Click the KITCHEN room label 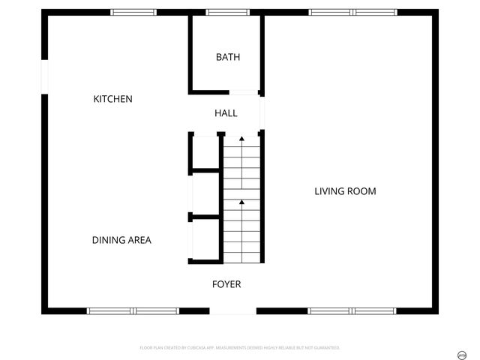click(x=112, y=99)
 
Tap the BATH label click(x=228, y=57)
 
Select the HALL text click(x=226, y=113)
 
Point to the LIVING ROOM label click(x=345, y=191)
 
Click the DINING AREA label click(x=121, y=240)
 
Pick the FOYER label click(x=226, y=284)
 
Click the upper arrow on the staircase click(x=241, y=139)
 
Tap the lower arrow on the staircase click(x=241, y=202)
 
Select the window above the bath click(x=228, y=12)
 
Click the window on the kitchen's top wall click(x=133, y=12)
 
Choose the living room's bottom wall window click(x=352, y=310)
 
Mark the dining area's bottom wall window click(x=133, y=310)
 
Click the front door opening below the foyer click(x=232, y=310)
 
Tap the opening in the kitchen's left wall click(x=44, y=77)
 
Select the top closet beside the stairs click(x=205, y=153)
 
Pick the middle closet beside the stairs click(x=205, y=193)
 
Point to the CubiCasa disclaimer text click(x=240, y=348)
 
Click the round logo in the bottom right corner click(x=462, y=352)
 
